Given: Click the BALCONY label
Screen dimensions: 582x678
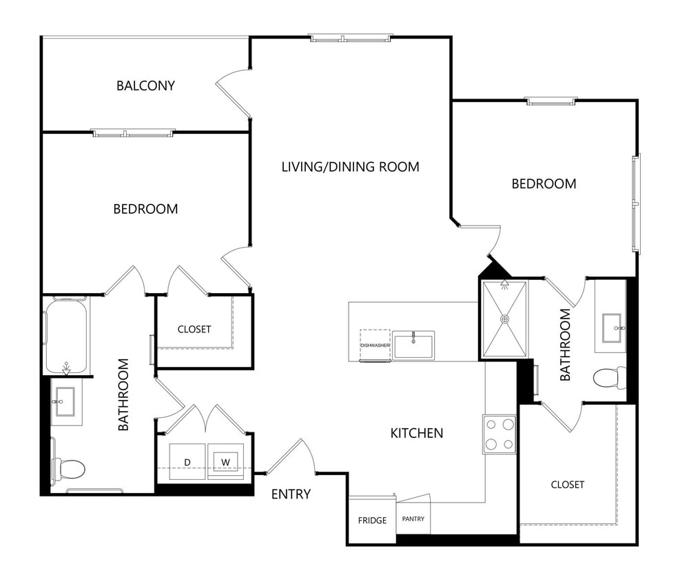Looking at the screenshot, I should [145, 86].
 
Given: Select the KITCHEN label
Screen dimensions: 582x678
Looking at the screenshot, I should [416, 433].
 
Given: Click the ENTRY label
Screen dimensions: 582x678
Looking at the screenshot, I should [291, 494].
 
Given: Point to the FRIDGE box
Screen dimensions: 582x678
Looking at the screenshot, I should [372, 520].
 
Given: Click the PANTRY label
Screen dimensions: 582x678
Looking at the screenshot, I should [413, 519].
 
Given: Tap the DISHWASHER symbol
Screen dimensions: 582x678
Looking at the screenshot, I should [375, 345].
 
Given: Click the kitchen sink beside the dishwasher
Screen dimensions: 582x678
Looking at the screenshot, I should [413, 345].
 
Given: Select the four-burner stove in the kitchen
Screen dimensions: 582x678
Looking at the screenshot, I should [500, 434].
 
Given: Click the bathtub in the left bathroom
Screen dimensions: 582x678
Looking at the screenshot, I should [66, 335].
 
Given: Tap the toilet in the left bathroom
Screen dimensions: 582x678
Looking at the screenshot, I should [70, 469].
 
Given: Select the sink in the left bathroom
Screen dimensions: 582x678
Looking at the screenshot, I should [67, 401].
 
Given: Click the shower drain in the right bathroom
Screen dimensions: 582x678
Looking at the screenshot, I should [505, 319].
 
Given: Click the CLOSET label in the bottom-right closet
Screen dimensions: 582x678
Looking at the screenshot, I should [567, 485].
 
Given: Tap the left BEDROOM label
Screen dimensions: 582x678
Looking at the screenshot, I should [145, 208].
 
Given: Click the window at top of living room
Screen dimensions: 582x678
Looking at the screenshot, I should [350, 38].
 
